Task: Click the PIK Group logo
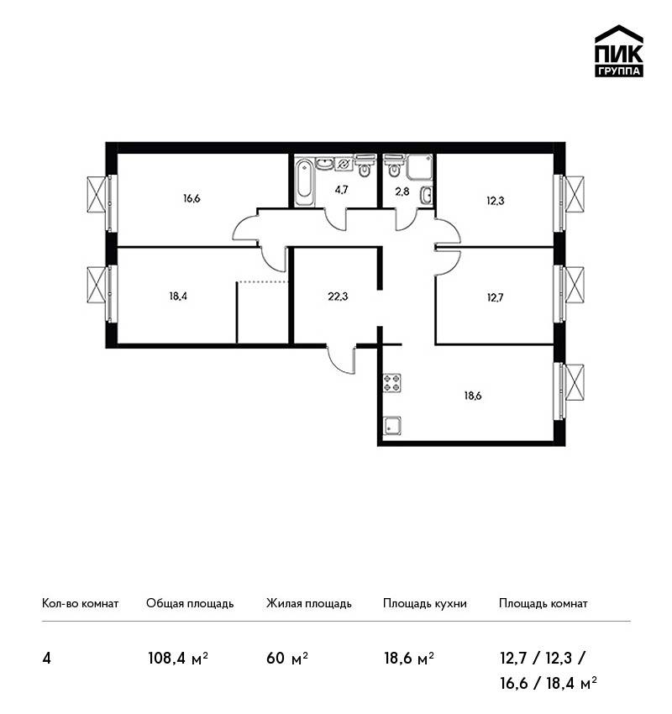[x=619, y=51]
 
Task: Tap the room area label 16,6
[x=192, y=198]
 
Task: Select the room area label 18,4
[x=178, y=297]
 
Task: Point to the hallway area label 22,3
[x=338, y=297]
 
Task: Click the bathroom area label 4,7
[x=342, y=190]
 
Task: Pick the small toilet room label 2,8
[x=402, y=192]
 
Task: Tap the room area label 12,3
[x=496, y=201]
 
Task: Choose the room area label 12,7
[x=496, y=298]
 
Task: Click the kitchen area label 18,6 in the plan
[x=473, y=396]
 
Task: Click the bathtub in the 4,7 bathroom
[x=305, y=181]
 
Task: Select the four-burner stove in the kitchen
[x=392, y=383]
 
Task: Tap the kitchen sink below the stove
[x=392, y=426]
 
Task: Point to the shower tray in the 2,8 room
[x=419, y=167]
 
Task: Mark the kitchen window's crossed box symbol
[x=575, y=382]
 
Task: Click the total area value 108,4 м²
[x=178, y=659]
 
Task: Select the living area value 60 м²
[x=287, y=659]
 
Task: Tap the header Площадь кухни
[x=425, y=604]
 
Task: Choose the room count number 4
[x=46, y=659]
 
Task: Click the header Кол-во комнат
[x=80, y=604]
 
